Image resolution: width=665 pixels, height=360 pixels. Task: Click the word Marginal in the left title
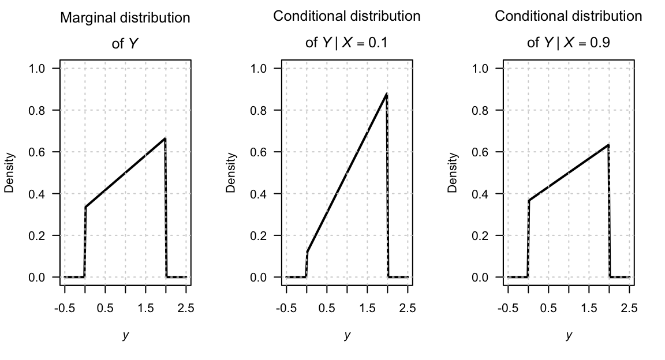tap(85, 18)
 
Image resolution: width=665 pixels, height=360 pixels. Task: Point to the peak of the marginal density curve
tap(165, 138)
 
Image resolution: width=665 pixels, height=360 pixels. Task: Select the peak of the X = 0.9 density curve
tap(608, 145)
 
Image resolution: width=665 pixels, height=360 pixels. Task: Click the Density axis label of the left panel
tap(9, 172)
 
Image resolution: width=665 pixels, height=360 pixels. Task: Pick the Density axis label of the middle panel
tap(231, 172)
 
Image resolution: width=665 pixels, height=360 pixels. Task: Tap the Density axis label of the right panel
tap(453, 172)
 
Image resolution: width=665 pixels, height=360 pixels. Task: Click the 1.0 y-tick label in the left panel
tap(37, 69)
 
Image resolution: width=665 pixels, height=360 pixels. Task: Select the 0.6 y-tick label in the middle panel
tap(259, 152)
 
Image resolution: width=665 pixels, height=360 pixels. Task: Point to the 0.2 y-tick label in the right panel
tap(480, 235)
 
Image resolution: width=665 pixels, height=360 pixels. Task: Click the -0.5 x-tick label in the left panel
tap(64, 308)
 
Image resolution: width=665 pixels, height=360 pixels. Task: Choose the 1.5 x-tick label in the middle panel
tap(367, 308)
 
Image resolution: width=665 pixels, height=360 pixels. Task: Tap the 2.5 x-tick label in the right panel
tap(629, 308)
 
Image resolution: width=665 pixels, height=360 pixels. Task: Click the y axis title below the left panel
tap(125, 335)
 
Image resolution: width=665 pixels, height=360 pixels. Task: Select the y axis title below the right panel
tap(569, 335)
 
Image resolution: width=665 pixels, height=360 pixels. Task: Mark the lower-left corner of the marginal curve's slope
tap(85, 207)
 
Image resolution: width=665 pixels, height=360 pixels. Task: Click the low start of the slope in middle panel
tap(307, 252)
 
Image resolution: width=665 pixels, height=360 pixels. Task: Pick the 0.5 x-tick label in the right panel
tap(548, 308)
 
